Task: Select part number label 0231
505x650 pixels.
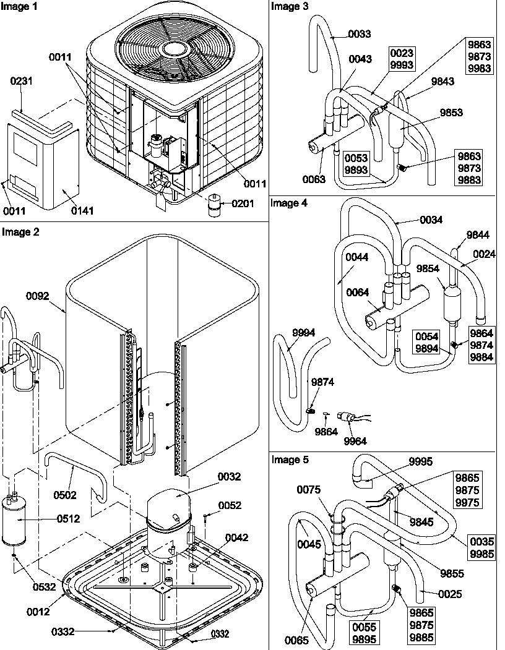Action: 22,80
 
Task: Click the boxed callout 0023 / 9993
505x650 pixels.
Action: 402,59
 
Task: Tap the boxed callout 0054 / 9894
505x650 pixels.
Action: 427,342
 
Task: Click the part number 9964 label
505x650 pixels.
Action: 355,441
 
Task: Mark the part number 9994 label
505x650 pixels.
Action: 303,333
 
